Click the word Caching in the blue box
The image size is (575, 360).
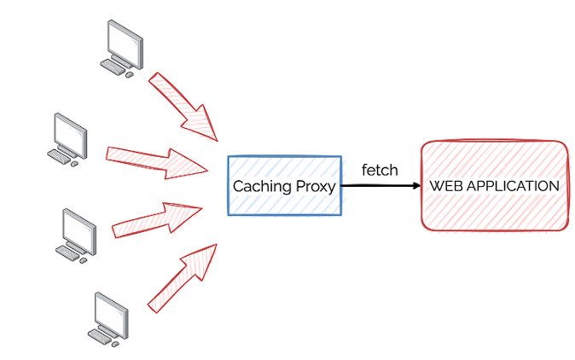[x=259, y=186]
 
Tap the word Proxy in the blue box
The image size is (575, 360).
[x=312, y=186]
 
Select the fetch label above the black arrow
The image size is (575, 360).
[x=380, y=170]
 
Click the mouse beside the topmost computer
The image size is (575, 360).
[x=130, y=74]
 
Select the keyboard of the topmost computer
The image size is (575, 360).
[x=112, y=67]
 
